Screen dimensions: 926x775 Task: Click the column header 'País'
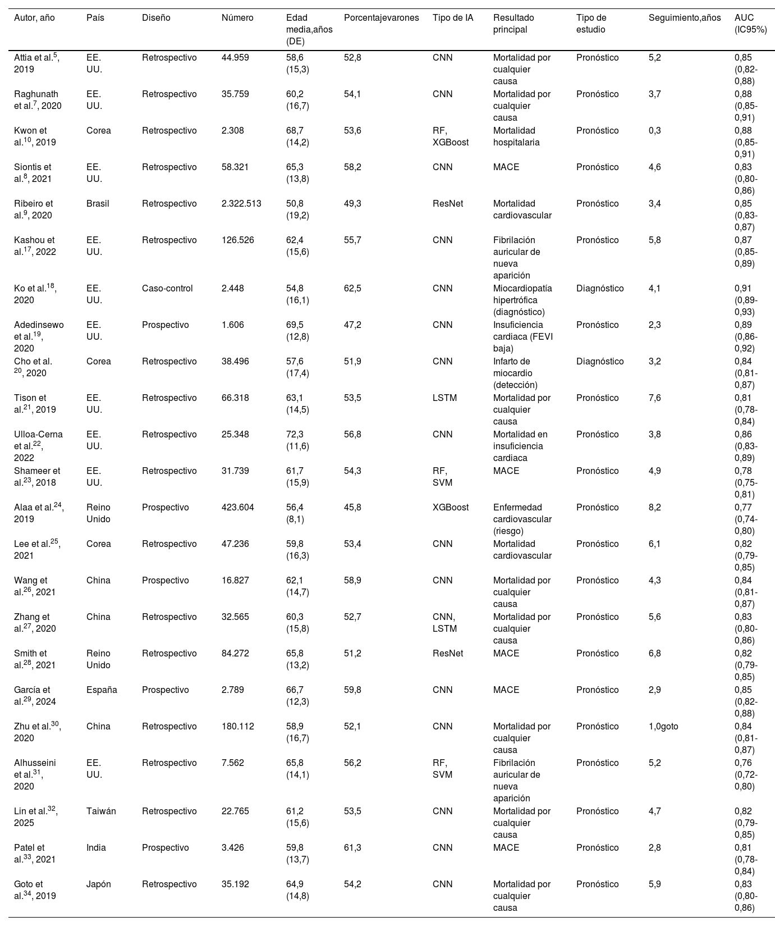(95, 18)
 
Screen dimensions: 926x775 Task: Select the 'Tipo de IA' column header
(453, 18)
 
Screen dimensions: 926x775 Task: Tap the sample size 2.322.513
(241, 204)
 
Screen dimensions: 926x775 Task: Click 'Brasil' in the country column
(98, 204)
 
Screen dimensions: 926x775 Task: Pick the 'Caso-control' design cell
(167, 289)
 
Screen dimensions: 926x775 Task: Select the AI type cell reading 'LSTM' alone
(444, 398)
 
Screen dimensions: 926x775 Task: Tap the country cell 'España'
(102, 690)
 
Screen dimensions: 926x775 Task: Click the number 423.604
(238, 508)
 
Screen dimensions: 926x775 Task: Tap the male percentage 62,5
(352, 289)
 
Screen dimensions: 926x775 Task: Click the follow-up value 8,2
(655, 508)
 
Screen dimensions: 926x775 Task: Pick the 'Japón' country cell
(99, 884)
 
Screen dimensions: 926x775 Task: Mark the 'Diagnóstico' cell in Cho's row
(599, 362)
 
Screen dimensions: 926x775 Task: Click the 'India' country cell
(96, 848)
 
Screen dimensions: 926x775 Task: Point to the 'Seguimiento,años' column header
(684, 18)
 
